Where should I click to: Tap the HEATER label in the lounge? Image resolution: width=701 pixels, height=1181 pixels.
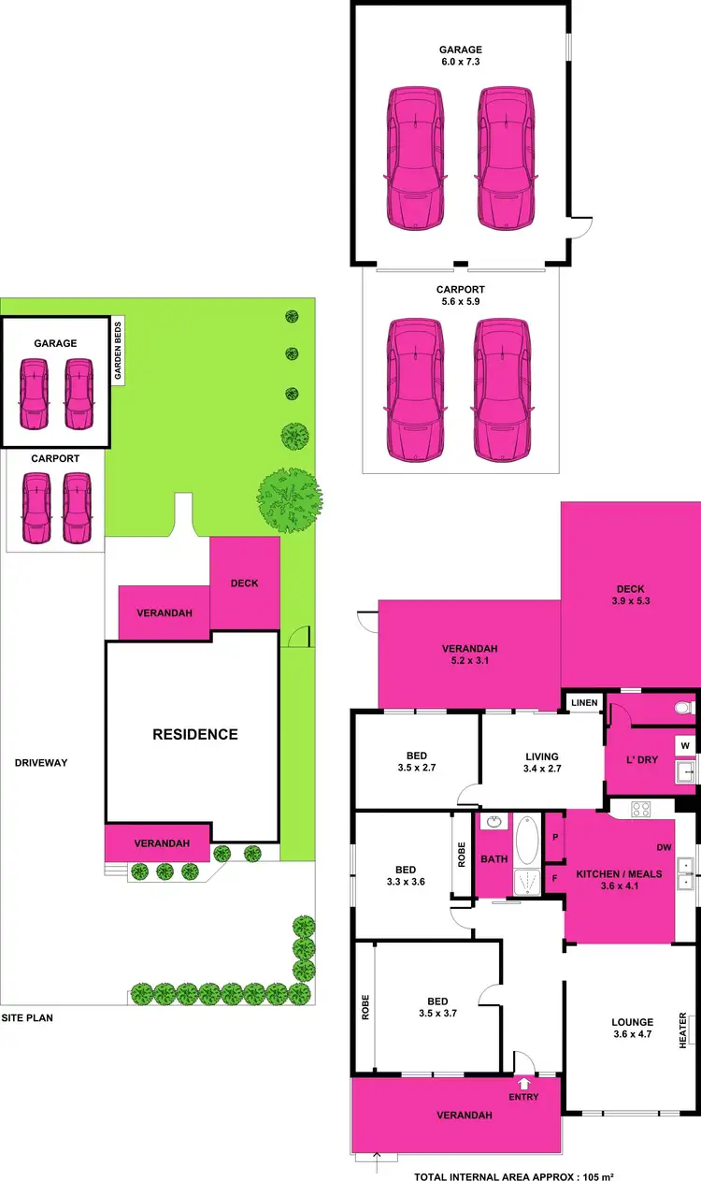tap(683, 1030)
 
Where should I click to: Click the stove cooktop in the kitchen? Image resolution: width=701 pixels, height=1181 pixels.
tap(641, 809)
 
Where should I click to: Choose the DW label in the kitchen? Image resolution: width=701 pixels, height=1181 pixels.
tap(664, 848)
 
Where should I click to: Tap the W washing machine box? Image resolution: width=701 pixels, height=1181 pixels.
tap(684, 745)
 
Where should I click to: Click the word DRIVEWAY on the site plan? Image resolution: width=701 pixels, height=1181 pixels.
tap(41, 763)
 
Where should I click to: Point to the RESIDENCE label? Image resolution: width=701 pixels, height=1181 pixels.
tap(194, 734)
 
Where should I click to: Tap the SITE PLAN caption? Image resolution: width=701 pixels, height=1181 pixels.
tap(26, 1017)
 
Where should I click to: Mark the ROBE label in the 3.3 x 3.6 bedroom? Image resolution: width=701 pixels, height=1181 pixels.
tap(461, 857)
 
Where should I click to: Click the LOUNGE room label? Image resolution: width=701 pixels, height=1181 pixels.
tap(633, 1022)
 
